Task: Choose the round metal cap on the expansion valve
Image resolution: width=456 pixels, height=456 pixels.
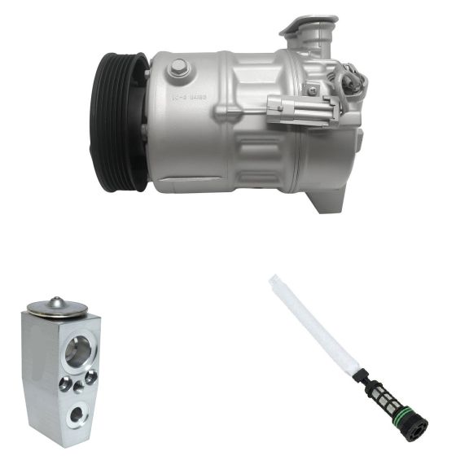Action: click(56, 307)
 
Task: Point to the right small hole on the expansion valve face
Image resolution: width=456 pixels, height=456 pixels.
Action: click(91, 375)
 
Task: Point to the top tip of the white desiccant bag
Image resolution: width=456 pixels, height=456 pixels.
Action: click(274, 279)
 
